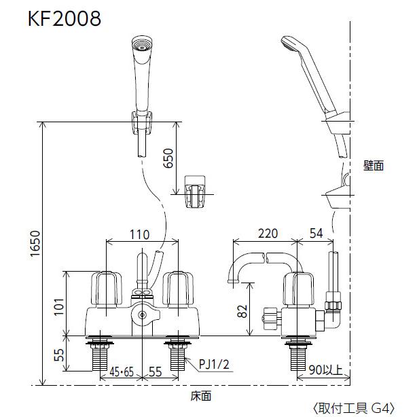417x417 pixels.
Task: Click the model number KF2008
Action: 65,18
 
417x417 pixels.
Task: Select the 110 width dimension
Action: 139,234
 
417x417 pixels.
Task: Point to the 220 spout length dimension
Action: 268,233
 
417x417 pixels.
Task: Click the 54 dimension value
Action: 316,233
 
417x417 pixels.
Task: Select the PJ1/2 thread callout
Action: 215,365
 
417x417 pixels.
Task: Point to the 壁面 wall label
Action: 373,165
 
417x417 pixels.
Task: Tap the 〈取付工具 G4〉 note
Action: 353,408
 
